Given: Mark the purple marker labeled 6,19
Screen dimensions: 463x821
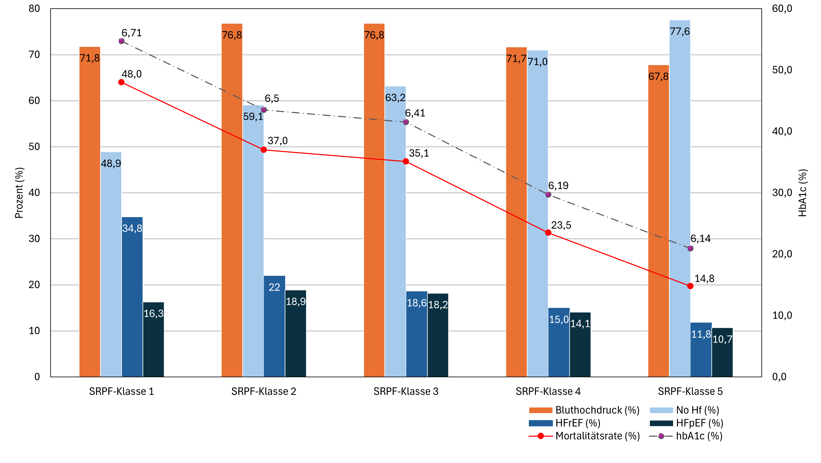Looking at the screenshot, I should point(548,195).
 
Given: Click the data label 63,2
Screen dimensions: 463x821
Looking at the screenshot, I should point(395,98).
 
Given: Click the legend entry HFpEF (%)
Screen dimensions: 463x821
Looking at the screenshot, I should point(699,423).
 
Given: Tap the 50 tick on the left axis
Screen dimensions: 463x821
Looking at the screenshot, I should point(34,147).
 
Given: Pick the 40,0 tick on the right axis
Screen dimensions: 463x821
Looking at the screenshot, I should point(782,131).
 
